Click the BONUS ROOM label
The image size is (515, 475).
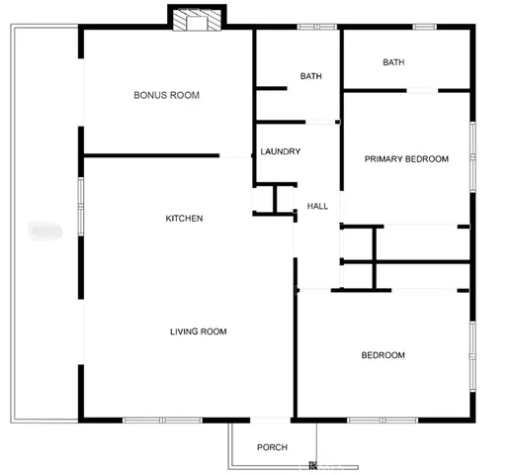pyautogui.click(x=167, y=96)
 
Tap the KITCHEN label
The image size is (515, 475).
pyautogui.click(x=184, y=218)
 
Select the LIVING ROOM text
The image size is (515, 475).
pyautogui.click(x=198, y=332)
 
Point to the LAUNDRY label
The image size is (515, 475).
pyautogui.click(x=280, y=151)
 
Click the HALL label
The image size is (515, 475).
pyautogui.click(x=317, y=206)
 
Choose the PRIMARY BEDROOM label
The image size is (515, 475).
pyautogui.click(x=406, y=159)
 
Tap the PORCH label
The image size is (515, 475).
pyautogui.click(x=272, y=447)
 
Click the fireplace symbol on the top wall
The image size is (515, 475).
pyautogui.click(x=196, y=20)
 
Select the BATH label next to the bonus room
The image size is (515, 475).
pyautogui.click(x=311, y=76)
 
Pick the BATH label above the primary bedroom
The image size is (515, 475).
pyautogui.click(x=393, y=62)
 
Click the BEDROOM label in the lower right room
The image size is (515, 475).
pyautogui.click(x=383, y=355)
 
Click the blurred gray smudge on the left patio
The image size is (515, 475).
pyautogui.click(x=45, y=232)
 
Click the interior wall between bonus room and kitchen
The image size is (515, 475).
pyautogui.click(x=151, y=155)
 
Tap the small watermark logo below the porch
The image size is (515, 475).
pyautogui.click(x=313, y=465)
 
